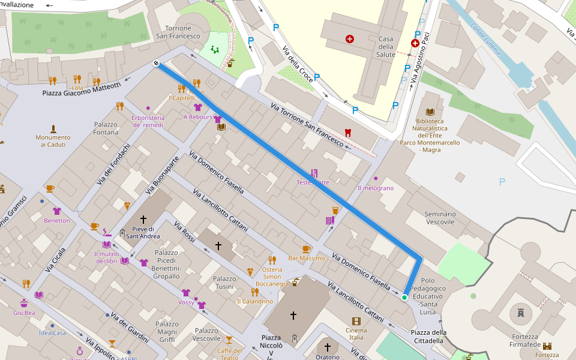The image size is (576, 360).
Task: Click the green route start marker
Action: pyautogui.click(x=404, y=298)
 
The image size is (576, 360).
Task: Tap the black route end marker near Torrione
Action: pyautogui.click(x=156, y=64)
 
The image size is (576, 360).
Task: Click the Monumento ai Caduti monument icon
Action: pyautogui.click(x=53, y=129)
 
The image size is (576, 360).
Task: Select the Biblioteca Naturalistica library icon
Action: pyautogui.click(x=430, y=112)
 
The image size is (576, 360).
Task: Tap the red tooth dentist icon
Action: pyautogui.click(x=347, y=133)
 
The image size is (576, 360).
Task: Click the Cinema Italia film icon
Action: pyautogui.click(x=356, y=321)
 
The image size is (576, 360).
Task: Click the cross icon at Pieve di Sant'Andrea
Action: pyautogui.click(x=143, y=220)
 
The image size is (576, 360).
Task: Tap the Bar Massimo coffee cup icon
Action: pyautogui.click(x=306, y=248)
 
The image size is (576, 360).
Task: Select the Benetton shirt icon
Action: pyautogui.click(x=57, y=211)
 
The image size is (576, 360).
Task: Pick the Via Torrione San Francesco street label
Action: pyautogui.click(x=307, y=125)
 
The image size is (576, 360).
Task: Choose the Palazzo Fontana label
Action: pyautogui.click(x=106, y=128)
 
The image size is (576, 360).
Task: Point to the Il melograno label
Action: pyautogui.click(x=376, y=188)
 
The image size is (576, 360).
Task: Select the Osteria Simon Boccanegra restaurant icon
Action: pyautogui.click(x=272, y=260)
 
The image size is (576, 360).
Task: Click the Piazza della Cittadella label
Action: pyautogui.click(x=428, y=337)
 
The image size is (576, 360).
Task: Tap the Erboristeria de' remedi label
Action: pyautogui.click(x=148, y=121)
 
